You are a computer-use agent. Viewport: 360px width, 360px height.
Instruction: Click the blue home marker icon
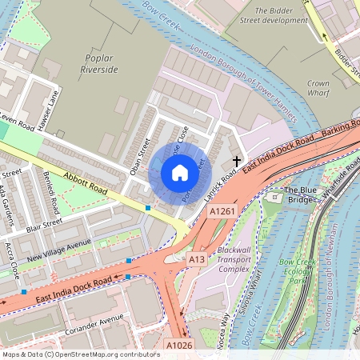pyautogui.click(x=180, y=173)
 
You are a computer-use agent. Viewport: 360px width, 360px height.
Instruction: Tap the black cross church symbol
pyautogui.click(x=237, y=162)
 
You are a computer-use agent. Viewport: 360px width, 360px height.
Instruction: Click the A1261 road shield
pyautogui.click(x=222, y=211)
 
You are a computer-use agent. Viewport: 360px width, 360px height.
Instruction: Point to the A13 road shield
pyautogui.click(x=196, y=258)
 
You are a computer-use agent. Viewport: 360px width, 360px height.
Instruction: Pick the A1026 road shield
pyautogui.click(x=179, y=345)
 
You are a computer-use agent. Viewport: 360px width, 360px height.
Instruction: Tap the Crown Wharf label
pyautogui.click(x=318, y=88)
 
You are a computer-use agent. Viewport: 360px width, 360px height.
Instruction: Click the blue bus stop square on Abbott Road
pyautogui.click(x=148, y=208)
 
